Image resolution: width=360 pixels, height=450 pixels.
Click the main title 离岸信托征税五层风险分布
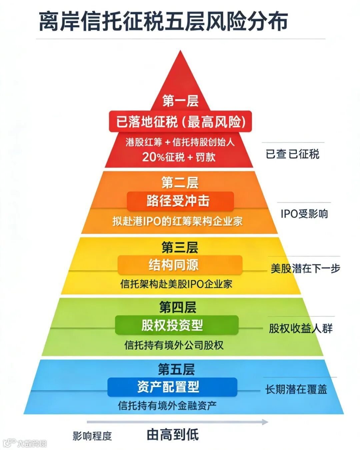tap(163, 22)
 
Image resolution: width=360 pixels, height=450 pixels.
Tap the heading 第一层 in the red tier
tap(180, 101)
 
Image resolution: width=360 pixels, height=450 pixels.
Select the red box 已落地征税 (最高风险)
tap(180, 122)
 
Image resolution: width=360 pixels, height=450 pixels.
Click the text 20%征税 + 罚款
tap(179, 157)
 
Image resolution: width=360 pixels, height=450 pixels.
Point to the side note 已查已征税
tap(292, 154)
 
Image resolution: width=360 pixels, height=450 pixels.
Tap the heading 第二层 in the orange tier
tap(180, 183)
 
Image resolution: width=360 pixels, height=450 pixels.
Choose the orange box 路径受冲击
tap(180, 201)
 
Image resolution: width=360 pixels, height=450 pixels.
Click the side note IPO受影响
tap(304, 214)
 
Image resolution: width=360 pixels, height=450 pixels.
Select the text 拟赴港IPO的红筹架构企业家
tap(177, 221)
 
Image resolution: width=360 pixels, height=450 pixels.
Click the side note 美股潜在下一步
tap(305, 268)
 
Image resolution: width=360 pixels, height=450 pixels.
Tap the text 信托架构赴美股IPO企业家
tap(176, 284)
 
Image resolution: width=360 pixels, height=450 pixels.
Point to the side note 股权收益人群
tap(301, 329)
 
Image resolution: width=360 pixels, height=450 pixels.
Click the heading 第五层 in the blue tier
tap(176, 369)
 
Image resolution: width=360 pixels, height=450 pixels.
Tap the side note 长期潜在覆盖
tap(296, 389)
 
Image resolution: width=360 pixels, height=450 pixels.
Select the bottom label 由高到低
tap(173, 435)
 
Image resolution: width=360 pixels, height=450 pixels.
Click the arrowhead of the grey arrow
tap(265, 422)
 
